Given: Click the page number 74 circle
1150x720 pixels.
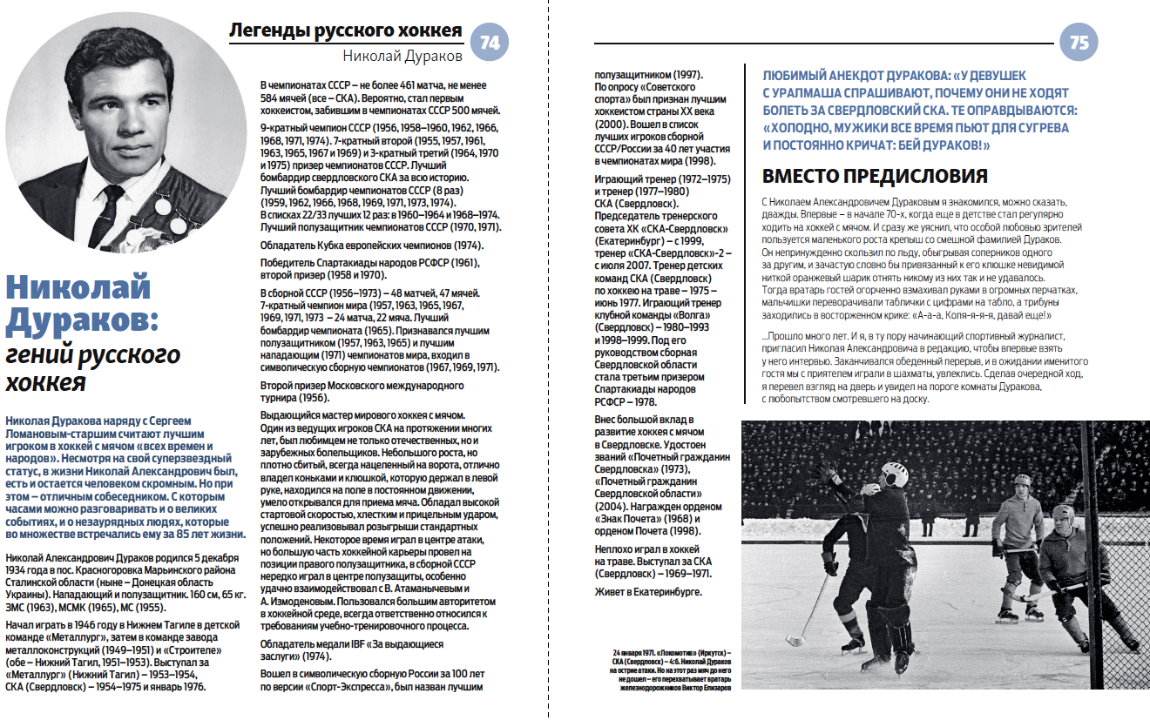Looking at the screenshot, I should [490, 43].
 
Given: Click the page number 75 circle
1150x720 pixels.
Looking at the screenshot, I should [1079, 43].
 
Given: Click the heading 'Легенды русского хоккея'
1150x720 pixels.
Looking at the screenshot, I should [345, 31].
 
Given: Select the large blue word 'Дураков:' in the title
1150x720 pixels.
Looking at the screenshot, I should [81, 320].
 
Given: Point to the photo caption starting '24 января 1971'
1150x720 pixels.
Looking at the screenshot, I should [672, 669].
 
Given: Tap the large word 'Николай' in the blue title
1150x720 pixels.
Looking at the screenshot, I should [78, 286].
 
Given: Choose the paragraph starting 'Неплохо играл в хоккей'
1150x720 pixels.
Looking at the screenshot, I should [648, 562].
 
